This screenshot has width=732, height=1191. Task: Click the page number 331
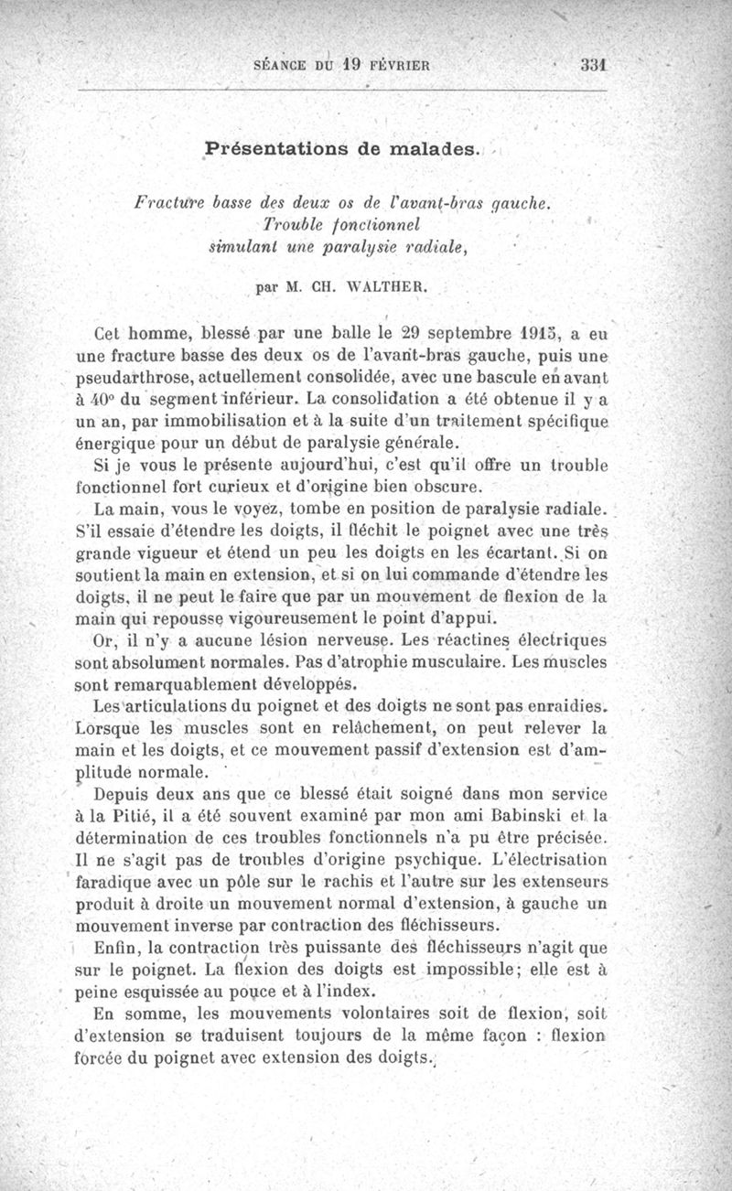595,65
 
